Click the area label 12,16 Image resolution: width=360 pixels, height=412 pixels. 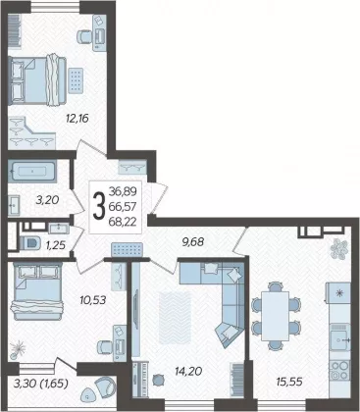click(77, 118)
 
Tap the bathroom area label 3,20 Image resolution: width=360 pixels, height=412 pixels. click(47, 200)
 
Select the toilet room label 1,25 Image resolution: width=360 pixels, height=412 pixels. click(55, 244)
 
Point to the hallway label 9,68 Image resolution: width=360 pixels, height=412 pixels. click(193, 241)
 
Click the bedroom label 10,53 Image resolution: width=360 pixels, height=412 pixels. click(93, 299)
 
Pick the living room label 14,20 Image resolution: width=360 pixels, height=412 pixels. click(188, 371)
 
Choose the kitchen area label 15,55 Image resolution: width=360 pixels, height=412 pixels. click(289, 382)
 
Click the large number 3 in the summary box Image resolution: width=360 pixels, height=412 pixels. click(99, 206)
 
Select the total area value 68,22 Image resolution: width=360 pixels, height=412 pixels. click(123, 222)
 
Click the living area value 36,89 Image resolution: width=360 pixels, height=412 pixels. click(123, 191)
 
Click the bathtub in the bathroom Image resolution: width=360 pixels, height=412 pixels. click(32, 171)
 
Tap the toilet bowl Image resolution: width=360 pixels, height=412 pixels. click(30, 243)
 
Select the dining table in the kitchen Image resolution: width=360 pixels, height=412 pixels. click(276, 316)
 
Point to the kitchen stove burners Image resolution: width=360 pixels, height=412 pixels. click(339, 370)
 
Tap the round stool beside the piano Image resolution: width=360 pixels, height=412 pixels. click(158, 380)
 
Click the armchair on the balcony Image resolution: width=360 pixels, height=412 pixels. click(105, 385)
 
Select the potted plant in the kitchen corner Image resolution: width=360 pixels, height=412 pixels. click(338, 248)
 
